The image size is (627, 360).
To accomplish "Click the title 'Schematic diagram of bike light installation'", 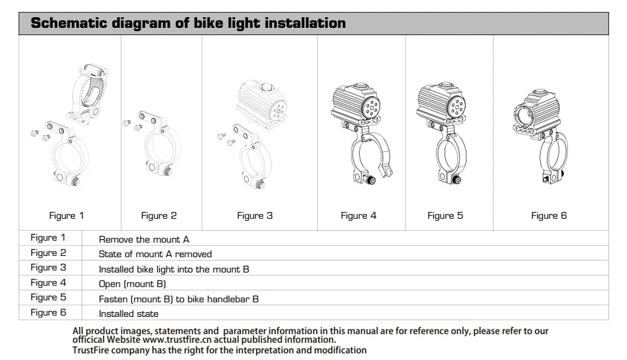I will [188, 23].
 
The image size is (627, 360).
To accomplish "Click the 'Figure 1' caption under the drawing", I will [66, 215].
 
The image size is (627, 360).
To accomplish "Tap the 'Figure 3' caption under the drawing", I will [255, 215].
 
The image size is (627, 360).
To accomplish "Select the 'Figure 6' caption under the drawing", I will [549, 215].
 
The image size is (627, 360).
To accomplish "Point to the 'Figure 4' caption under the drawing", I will [358, 215].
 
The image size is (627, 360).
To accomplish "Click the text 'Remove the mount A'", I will [144, 239].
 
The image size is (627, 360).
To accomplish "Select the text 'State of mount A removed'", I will [155, 254].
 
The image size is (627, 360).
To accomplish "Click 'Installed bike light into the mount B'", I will [174, 269].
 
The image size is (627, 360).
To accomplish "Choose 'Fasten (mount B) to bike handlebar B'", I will [178, 299].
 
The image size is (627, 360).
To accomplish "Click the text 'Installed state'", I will [129, 314].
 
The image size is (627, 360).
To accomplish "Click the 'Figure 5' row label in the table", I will [48, 298].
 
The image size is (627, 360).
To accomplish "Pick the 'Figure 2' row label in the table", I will [48, 253].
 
